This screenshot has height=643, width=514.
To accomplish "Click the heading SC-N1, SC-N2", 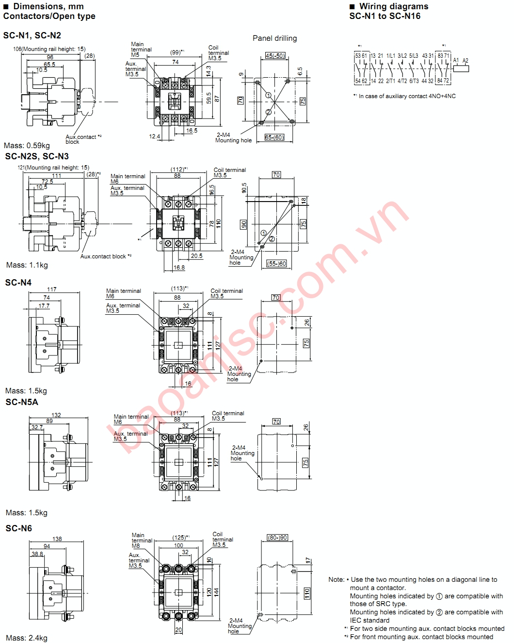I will [x=32, y=35].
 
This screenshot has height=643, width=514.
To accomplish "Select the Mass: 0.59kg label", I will [x=27, y=146].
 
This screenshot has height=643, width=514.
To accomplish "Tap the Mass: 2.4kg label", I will [x=26, y=638].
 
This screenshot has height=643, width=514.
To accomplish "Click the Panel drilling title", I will [x=274, y=38].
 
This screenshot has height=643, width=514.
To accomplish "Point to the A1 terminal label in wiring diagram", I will [x=456, y=61].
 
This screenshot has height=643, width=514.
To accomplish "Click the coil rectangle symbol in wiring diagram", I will [x=461, y=68].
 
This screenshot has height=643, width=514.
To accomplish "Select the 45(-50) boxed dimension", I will [x=275, y=56].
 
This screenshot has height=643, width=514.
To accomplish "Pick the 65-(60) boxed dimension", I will [x=274, y=137].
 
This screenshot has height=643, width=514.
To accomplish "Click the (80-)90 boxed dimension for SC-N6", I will [x=277, y=538].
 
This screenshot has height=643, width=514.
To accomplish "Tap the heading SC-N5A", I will [x=22, y=402].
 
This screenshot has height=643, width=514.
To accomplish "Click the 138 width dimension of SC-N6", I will [x=57, y=539].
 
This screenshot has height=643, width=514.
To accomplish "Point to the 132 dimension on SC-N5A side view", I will [x=56, y=415].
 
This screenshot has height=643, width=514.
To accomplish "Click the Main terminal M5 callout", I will [x=141, y=50].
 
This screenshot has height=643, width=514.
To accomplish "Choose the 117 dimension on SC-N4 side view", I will [x=51, y=289].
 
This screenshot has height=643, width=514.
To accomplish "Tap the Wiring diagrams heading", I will [x=393, y=6].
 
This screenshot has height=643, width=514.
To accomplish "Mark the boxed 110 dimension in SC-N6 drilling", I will [x=307, y=593].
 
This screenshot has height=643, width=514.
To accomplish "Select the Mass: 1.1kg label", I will [x=27, y=265].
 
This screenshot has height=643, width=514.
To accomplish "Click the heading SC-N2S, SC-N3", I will [x=37, y=156].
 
